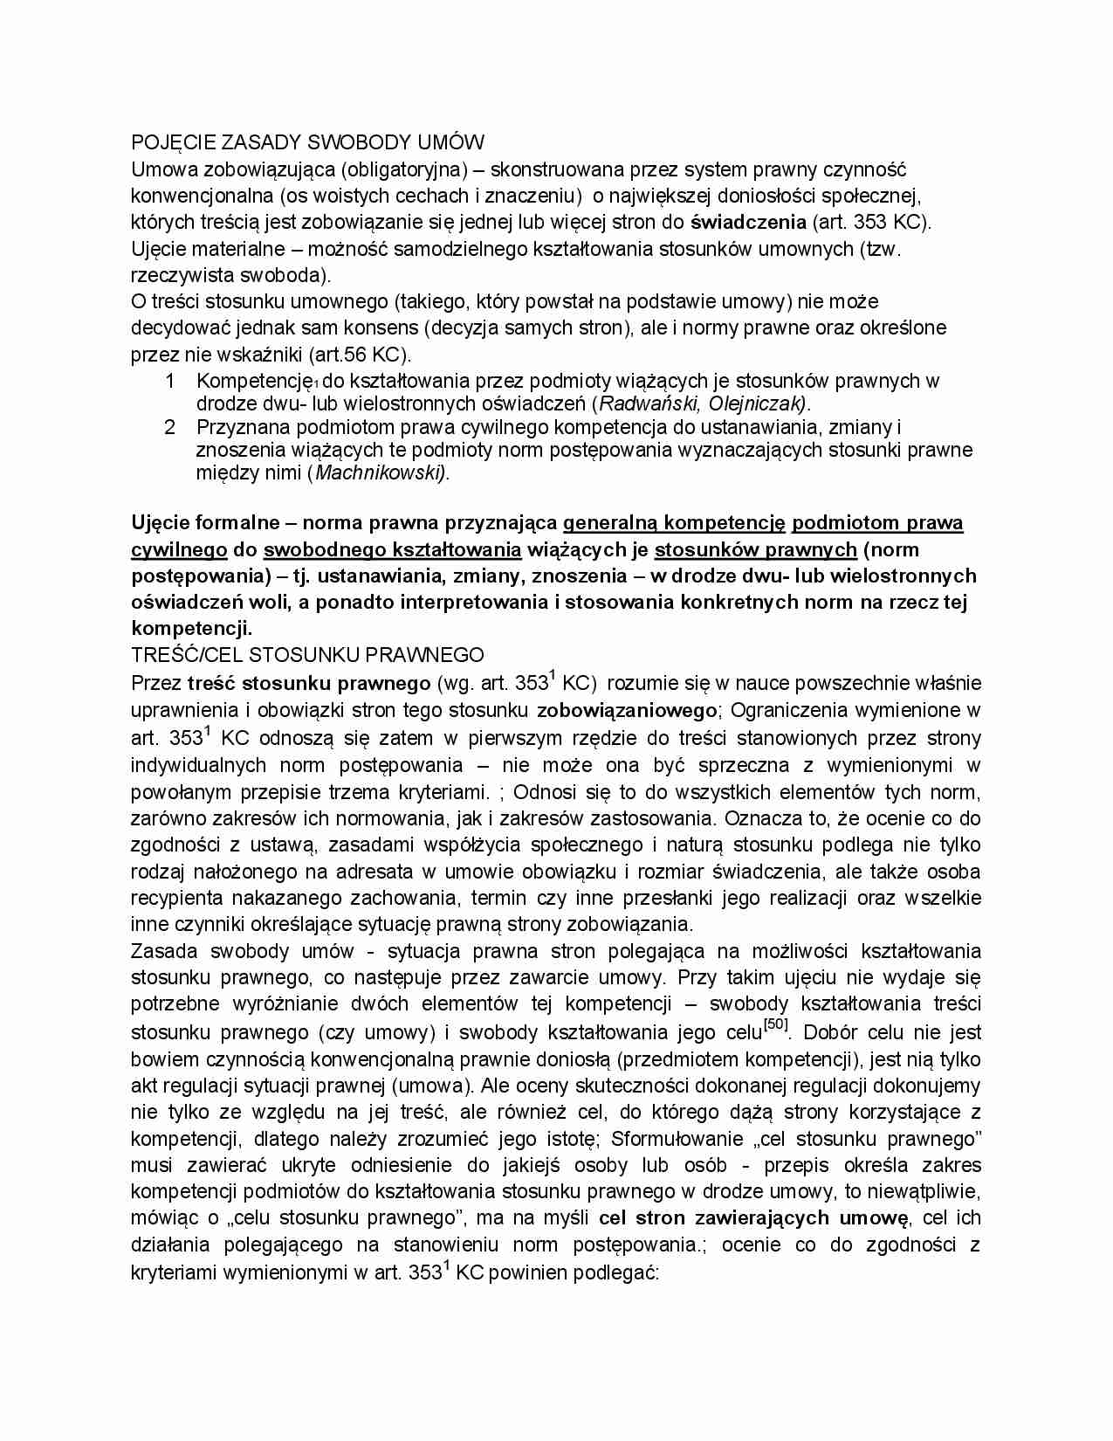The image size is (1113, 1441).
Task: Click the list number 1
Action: click(x=170, y=381)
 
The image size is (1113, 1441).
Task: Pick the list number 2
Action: click(x=170, y=427)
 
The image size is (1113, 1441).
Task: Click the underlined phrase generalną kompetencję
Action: click(x=675, y=522)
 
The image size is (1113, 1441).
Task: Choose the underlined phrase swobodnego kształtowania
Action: click(x=392, y=549)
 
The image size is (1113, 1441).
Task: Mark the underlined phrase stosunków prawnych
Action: click(x=755, y=549)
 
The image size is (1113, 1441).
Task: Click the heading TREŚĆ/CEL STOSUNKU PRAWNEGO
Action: click(x=307, y=654)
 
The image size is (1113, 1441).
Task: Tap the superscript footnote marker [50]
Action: click(x=775, y=1024)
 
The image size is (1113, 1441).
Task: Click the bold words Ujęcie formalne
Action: click(x=201, y=522)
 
